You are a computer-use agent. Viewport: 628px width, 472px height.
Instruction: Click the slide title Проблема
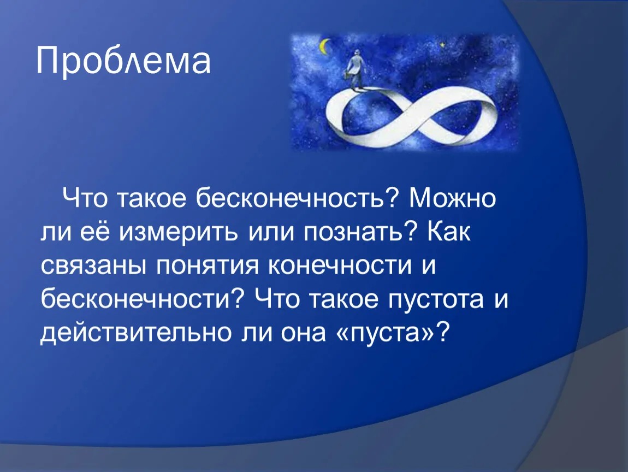pyautogui.click(x=123, y=61)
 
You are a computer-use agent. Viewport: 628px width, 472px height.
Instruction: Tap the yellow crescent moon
pyautogui.click(x=324, y=45)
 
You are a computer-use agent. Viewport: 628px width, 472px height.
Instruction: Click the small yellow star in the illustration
pyautogui.click(x=442, y=44)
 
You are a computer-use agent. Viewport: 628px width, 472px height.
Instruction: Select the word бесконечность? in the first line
pyautogui.click(x=298, y=198)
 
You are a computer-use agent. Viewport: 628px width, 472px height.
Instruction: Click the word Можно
pyautogui.click(x=452, y=198)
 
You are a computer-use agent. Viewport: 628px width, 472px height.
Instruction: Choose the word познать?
pyautogui.click(x=360, y=232)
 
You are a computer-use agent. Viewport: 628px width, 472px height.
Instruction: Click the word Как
pyautogui.click(x=449, y=232)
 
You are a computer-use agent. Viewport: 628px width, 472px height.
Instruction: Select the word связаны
pyautogui.click(x=93, y=266)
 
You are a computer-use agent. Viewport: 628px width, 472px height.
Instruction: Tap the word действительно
pyautogui.click(x=136, y=333)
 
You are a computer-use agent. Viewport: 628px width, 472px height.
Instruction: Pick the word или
pyautogui.click(x=271, y=232)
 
